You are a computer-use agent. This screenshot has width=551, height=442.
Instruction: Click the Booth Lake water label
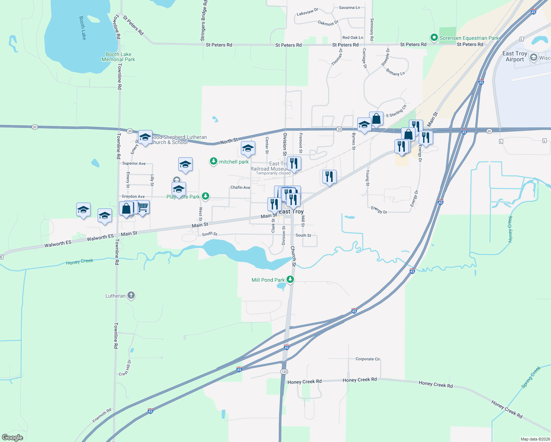(x=83, y=28)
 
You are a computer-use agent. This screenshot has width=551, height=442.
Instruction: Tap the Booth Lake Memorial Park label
(x=118, y=57)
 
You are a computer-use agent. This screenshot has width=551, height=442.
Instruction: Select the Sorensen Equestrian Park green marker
(x=434, y=38)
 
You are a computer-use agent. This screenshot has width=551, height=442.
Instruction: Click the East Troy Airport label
(x=515, y=56)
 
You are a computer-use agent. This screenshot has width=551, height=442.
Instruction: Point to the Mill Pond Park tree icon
(x=290, y=280)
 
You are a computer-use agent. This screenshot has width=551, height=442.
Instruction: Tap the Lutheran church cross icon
(x=131, y=295)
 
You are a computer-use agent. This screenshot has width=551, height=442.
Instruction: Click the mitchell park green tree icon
(x=213, y=161)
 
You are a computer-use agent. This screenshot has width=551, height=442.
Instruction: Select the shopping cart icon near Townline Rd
(x=143, y=207)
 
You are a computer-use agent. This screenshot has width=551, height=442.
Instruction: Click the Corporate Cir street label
(x=368, y=359)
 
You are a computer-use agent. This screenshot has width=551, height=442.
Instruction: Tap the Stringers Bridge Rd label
(x=203, y=20)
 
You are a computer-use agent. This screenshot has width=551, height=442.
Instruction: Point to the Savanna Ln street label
(x=349, y=7)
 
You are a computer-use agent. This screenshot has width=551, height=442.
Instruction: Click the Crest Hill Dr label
(x=125, y=368)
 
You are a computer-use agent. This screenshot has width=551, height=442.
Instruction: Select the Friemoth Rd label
(x=102, y=415)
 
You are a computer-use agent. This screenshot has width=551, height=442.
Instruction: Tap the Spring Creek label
(x=531, y=377)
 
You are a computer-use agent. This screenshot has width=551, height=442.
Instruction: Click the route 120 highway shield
(x=284, y=371)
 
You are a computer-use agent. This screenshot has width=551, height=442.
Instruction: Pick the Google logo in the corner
(x=13, y=438)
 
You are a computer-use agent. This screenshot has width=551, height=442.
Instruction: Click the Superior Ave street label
(x=134, y=163)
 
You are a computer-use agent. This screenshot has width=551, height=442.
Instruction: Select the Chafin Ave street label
(x=240, y=187)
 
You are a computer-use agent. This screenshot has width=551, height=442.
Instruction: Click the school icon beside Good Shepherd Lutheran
(x=145, y=137)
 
